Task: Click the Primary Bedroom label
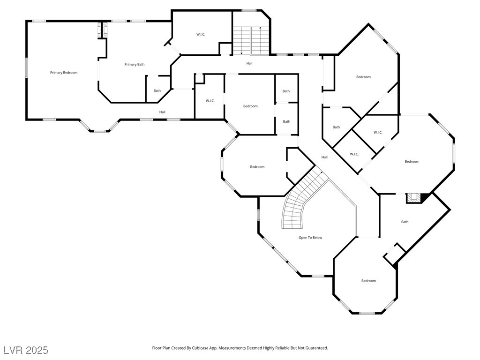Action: tap(64, 73)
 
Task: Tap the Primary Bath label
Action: tap(135, 64)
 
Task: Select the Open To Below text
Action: tap(310, 238)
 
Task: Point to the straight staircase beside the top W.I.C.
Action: tap(251, 41)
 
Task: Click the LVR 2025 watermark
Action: tap(26, 350)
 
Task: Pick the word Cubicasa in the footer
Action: tap(200, 348)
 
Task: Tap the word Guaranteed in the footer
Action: tap(318, 348)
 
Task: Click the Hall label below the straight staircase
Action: tap(249, 63)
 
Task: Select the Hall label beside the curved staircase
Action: tap(324, 157)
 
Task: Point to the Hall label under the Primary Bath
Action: tap(162, 112)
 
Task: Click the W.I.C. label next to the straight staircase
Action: tap(201, 34)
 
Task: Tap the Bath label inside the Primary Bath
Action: tap(157, 90)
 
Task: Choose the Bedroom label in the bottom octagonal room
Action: tap(368, 281)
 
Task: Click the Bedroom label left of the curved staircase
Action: tap(257, 167)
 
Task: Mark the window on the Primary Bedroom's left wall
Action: tap(27, 67)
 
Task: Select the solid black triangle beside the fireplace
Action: tap(425, 198)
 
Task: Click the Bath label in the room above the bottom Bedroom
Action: tap(405, 222)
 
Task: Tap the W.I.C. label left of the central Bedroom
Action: tap(210, 101)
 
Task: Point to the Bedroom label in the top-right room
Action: tap(363, 77)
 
